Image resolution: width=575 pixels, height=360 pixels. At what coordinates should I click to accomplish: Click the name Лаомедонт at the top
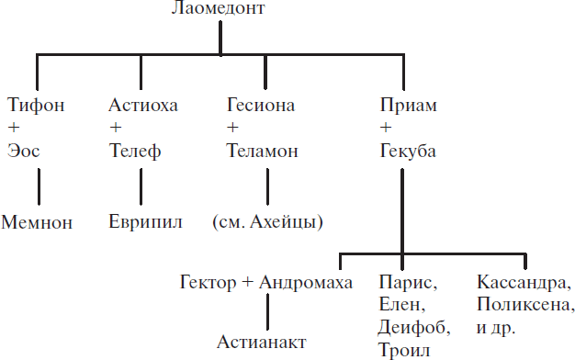pos(218,10)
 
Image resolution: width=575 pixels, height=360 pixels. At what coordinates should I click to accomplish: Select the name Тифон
pos(35,105)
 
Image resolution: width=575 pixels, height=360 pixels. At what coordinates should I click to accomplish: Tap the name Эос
pos(24,151)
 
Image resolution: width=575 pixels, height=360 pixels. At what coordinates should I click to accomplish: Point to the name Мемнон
pos(37,221)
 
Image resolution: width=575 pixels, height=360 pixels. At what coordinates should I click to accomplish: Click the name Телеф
pos(134,151)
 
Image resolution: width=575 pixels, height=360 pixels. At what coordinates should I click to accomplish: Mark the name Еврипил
pos(145,221)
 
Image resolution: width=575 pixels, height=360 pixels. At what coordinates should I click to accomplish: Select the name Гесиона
pos(261,105)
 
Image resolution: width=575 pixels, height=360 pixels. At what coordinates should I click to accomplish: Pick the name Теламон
pos(263,151)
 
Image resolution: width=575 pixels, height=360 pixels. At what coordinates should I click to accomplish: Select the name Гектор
pos(209,281)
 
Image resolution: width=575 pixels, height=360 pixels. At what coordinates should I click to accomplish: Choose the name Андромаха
pos(306,281)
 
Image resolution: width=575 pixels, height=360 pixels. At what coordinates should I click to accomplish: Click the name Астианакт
pos(261,342)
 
